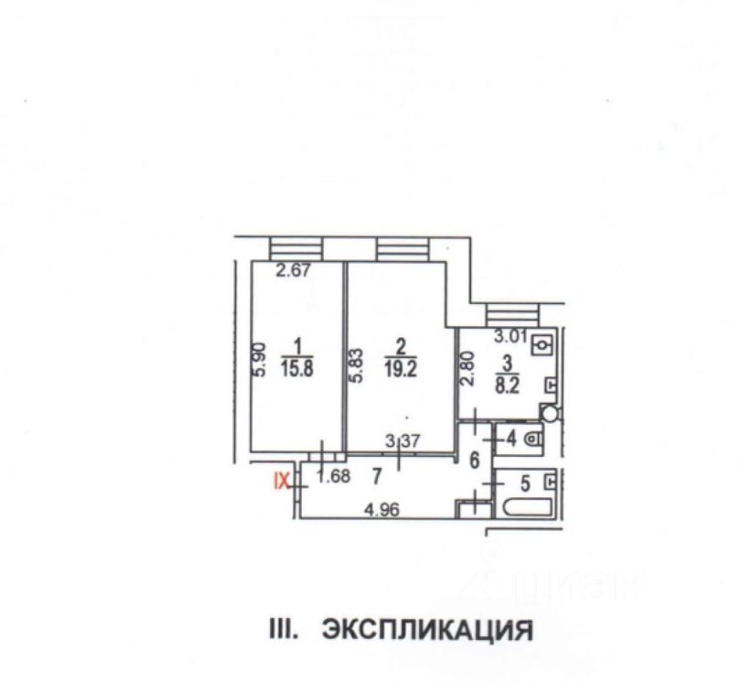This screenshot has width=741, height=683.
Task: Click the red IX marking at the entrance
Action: (284, 478)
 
